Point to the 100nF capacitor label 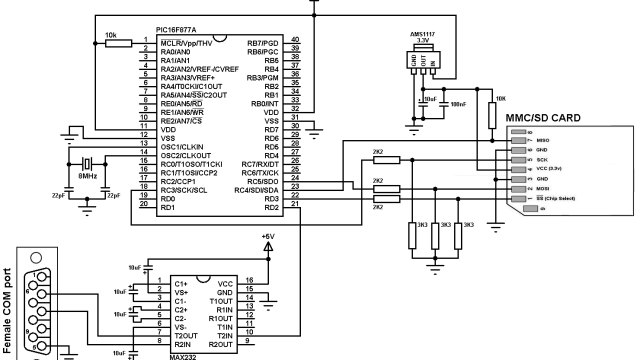458,102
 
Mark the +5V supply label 266,236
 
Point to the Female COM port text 9,311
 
